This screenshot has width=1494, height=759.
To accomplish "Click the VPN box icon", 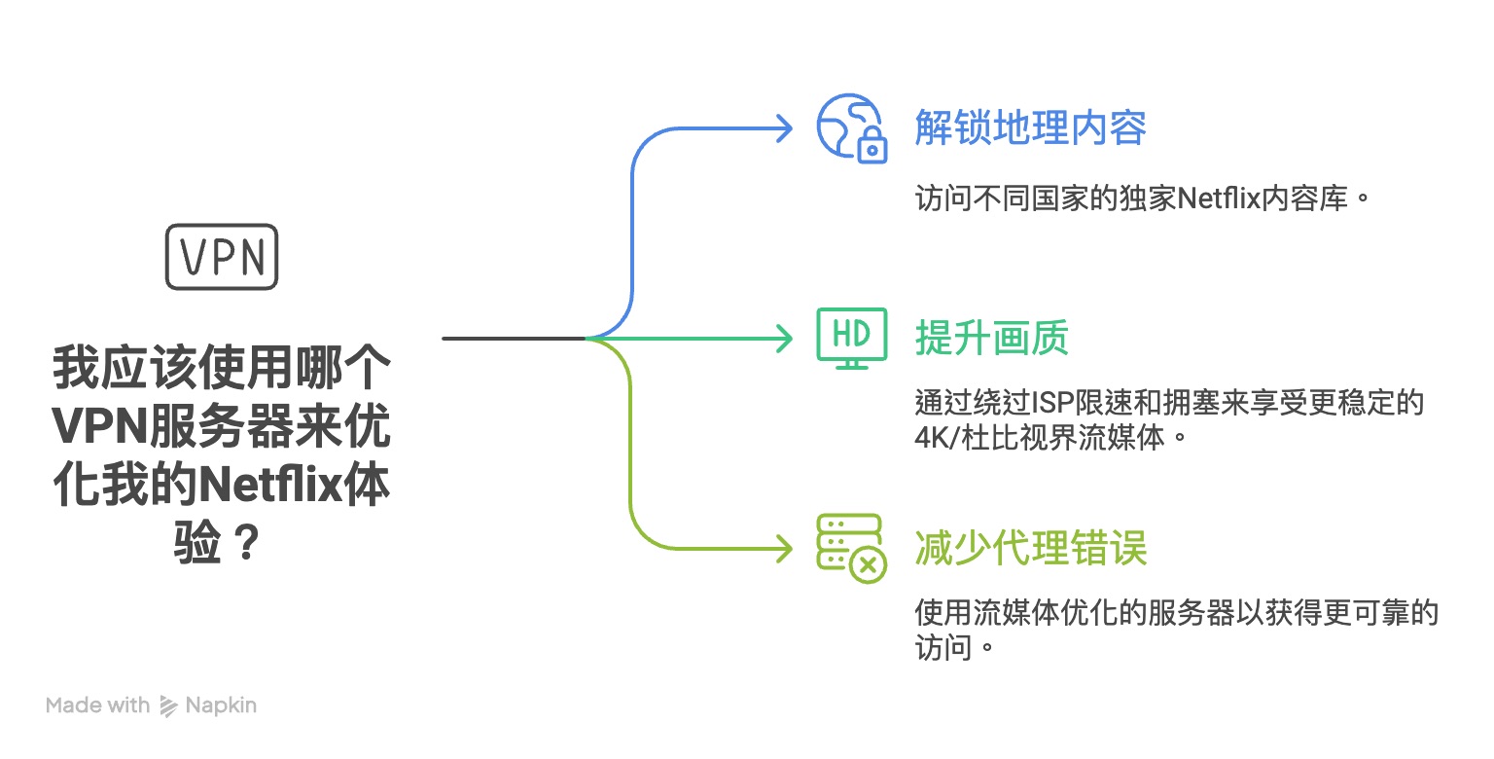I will pyautogui.click(x=222, y=257).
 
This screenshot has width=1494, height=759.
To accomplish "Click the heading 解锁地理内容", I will pyautogui.click(x=1031, y=127).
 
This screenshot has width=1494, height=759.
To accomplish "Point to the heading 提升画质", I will pyautogui.click(x=992, y=339).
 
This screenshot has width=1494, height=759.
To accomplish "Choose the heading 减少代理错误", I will pyautogui.click(x=1031, y=549).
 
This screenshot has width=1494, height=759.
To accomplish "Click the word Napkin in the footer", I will pyautogui.click(x=221, y=705).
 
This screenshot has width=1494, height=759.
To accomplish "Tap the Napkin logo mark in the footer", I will pyautogui.click(x=168, y=705).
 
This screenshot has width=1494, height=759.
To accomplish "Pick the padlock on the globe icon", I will pyautogui.click(x=872, y=147).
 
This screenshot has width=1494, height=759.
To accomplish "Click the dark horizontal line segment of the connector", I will pyautogui.click(x=513, y=339).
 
